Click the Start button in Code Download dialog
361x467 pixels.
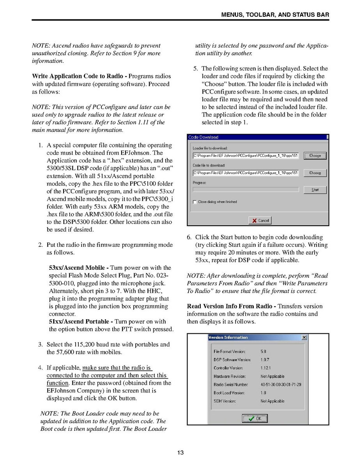tap(315, 190)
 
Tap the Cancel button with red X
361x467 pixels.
tap(260, 221)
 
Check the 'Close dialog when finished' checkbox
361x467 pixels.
tap(195, 202)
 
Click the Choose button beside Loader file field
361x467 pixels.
tap(315, 156)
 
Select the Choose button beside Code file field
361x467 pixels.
tap(315, 173)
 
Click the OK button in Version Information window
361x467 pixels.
tap(255, 419)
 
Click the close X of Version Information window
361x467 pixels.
tap(304, 338)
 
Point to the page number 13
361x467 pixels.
tap(180, 453)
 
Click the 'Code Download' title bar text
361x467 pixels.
tap(203, 137)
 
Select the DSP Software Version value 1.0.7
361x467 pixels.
tap(265, 360)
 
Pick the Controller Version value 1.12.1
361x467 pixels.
tap(265, 368)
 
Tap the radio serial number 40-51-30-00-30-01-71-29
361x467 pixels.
tap(281, 384)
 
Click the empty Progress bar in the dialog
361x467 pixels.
tap(246, 189)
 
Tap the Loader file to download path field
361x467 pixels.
tap(246, 156)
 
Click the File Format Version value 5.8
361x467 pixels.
tap(264, 352)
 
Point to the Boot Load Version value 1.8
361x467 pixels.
tap(264, 393)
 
